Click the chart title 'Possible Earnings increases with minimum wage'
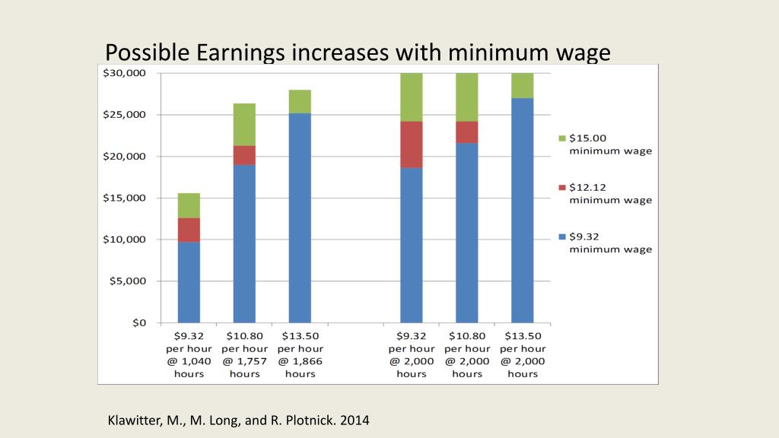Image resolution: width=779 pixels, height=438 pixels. (358, 52)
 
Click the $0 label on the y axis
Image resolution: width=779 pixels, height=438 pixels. (138, 322)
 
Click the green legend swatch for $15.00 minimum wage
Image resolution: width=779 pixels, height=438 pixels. (562, 138)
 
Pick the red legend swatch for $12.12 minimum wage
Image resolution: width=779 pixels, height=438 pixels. (562, 187)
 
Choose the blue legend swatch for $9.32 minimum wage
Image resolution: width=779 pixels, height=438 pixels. (562, 236)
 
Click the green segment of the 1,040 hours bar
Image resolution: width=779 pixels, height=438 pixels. (189, 205)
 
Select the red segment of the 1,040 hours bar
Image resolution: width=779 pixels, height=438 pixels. (189, 230)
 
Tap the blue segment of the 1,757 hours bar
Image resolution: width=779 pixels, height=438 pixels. (244, 243)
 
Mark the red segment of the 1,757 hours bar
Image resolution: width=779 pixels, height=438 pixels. (244, 155)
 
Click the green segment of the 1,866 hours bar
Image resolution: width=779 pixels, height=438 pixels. (300, 101)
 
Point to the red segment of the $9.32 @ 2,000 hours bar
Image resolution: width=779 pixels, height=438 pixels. (411, 144)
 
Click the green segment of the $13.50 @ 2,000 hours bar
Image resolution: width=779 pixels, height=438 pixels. (522, 86)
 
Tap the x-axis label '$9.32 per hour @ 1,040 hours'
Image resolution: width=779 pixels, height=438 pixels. (189, 354)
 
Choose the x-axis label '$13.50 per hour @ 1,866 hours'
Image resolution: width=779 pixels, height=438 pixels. (300, 354)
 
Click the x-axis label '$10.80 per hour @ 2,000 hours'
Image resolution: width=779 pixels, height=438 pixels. (466, 354)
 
